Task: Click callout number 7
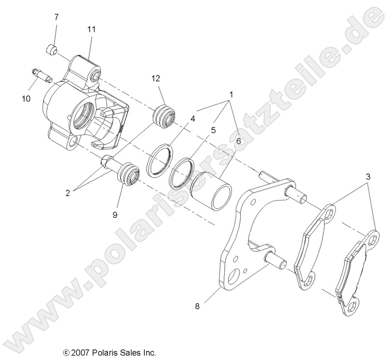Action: pyautogui.click(x=57, y=17)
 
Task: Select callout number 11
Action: pyautogui.click(x=91, y=29)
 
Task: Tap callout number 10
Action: pyautogui.click(x=26, y=98)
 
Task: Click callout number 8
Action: pyautogui.click(x=197, y=306)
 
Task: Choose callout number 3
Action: pyautogui.click(x=368, y=177)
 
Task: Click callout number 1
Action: pyautogui.click(x=231, y=93)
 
